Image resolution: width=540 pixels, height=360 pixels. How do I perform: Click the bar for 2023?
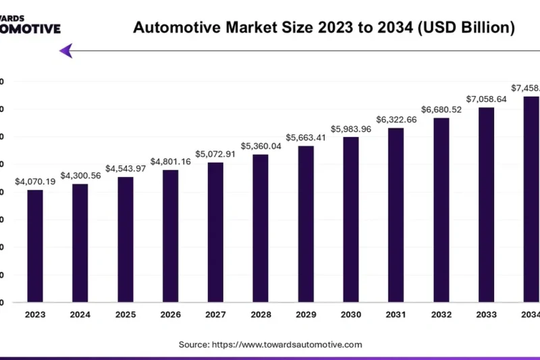35,246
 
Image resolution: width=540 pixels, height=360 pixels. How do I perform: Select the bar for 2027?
215,232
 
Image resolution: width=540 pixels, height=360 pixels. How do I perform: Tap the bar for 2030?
350,220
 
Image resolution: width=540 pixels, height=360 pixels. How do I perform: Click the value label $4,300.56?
80,176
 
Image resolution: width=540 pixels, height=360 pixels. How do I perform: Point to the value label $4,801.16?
170,161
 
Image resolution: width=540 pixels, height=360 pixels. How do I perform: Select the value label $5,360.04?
261,146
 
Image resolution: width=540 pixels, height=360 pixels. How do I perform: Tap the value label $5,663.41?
305,138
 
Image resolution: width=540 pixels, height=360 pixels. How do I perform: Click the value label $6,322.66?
396,120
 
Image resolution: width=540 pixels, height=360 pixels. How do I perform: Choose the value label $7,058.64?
486,99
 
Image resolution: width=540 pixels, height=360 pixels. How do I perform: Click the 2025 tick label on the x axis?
125,315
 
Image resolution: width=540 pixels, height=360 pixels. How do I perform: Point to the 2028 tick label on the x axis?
261,315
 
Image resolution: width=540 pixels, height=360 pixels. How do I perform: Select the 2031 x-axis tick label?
396,315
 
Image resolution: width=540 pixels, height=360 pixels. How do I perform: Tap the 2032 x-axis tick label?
441,315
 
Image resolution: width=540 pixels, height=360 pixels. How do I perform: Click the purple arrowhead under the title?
65,51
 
